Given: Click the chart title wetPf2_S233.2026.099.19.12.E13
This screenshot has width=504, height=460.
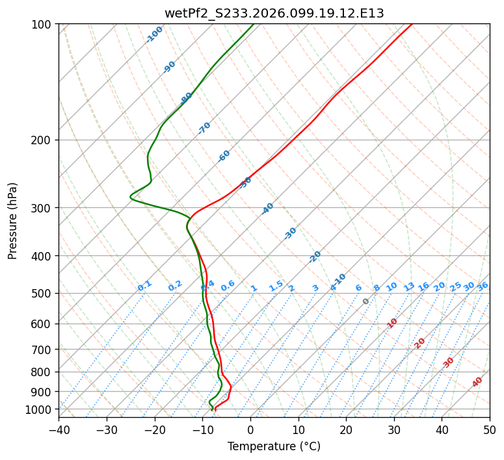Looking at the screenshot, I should tap(274, 13).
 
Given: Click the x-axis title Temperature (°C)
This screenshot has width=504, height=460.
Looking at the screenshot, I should tap(274, 446).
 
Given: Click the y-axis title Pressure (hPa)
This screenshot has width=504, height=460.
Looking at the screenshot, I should tap(13, 221).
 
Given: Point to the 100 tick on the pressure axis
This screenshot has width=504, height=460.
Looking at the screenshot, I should tap(44, 24).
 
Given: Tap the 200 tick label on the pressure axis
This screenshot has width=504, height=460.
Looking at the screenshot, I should tap(44, 140).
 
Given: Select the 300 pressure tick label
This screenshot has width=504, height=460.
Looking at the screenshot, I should tap(44, 208).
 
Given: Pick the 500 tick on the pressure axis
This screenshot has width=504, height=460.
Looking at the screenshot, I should tap(44, 294).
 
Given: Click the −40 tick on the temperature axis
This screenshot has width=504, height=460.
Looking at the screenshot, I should tap(59, 429).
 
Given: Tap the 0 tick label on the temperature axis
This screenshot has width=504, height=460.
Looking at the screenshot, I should tap(250, 429).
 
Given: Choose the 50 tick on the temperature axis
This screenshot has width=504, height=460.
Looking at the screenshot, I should tap(490, 429).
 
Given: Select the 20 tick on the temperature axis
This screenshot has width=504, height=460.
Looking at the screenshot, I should tap(346, 429).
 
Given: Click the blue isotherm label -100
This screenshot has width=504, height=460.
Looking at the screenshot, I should tap(154, 34).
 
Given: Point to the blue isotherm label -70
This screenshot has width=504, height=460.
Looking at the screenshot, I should tap(204, 128).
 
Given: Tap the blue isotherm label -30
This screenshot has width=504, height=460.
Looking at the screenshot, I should tap(290, 233).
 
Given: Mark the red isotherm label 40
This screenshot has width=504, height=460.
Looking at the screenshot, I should tap(477, 382).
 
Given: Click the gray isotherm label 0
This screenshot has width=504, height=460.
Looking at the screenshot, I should tap(366, 301).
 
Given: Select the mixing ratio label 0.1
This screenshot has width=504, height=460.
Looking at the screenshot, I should tap(144, 286).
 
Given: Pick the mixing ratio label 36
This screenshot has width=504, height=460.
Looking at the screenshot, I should tap(483, 287).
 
